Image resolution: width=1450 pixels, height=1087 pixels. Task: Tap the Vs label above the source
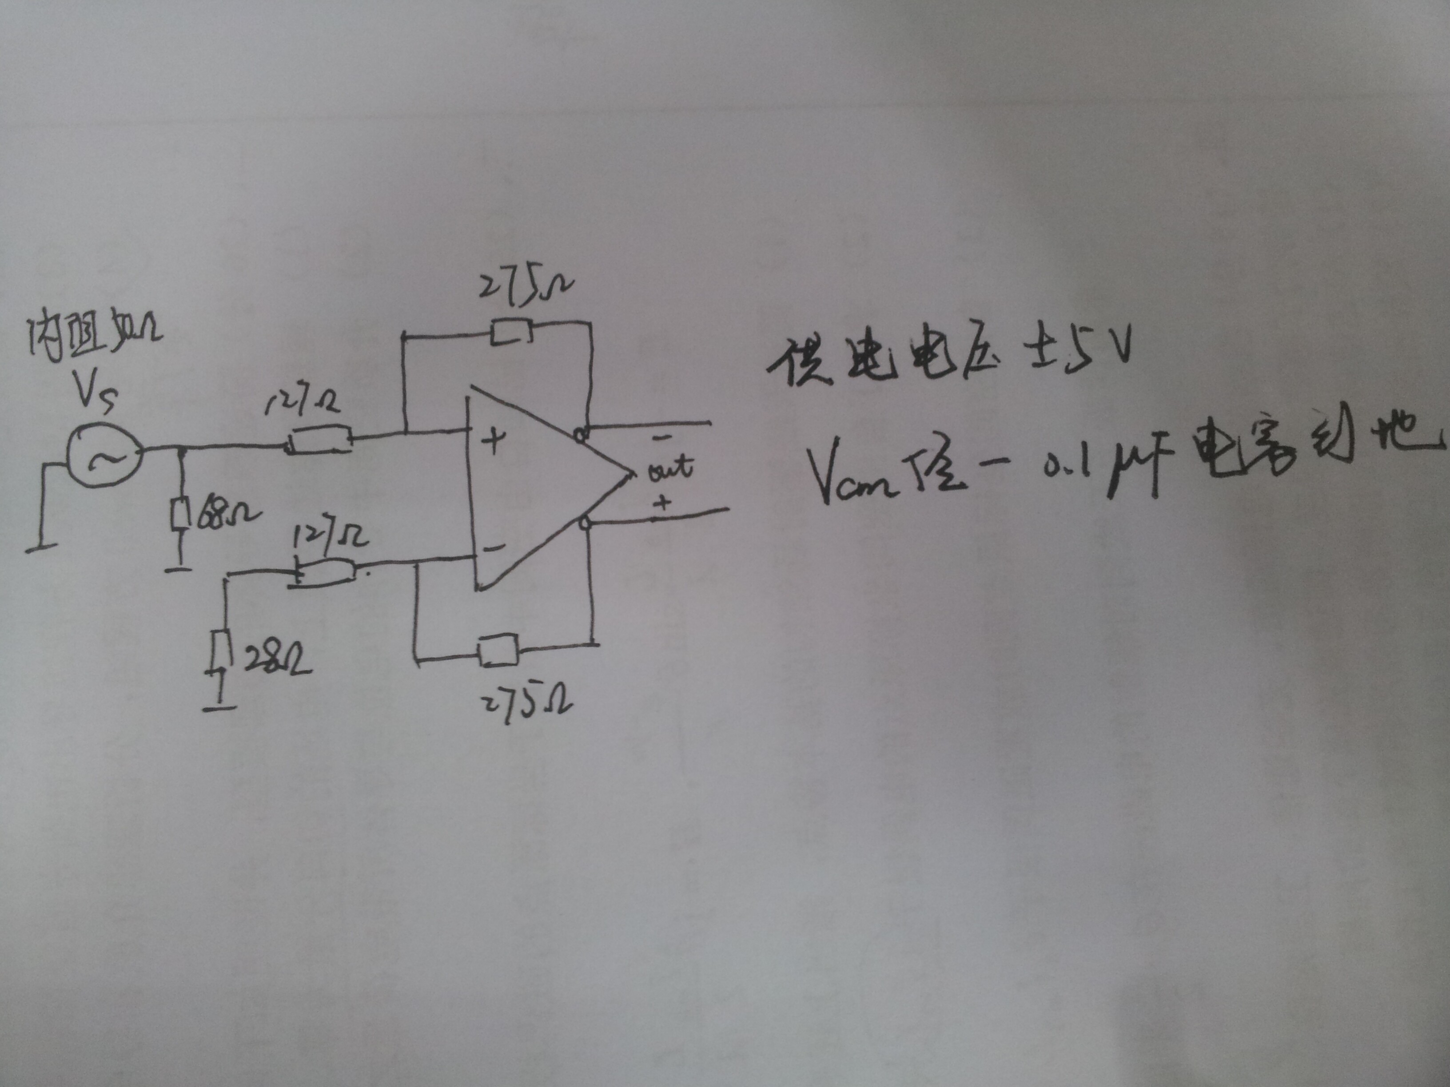(x=97, y=393)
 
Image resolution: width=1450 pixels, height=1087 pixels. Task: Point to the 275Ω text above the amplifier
(x=524, y=287)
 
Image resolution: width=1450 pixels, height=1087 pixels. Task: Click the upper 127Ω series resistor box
(x=319, y=440)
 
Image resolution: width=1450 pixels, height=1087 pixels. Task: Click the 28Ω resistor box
(x=222, y=651)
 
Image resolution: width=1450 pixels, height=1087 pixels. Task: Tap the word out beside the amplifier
(x=668, y=468)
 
